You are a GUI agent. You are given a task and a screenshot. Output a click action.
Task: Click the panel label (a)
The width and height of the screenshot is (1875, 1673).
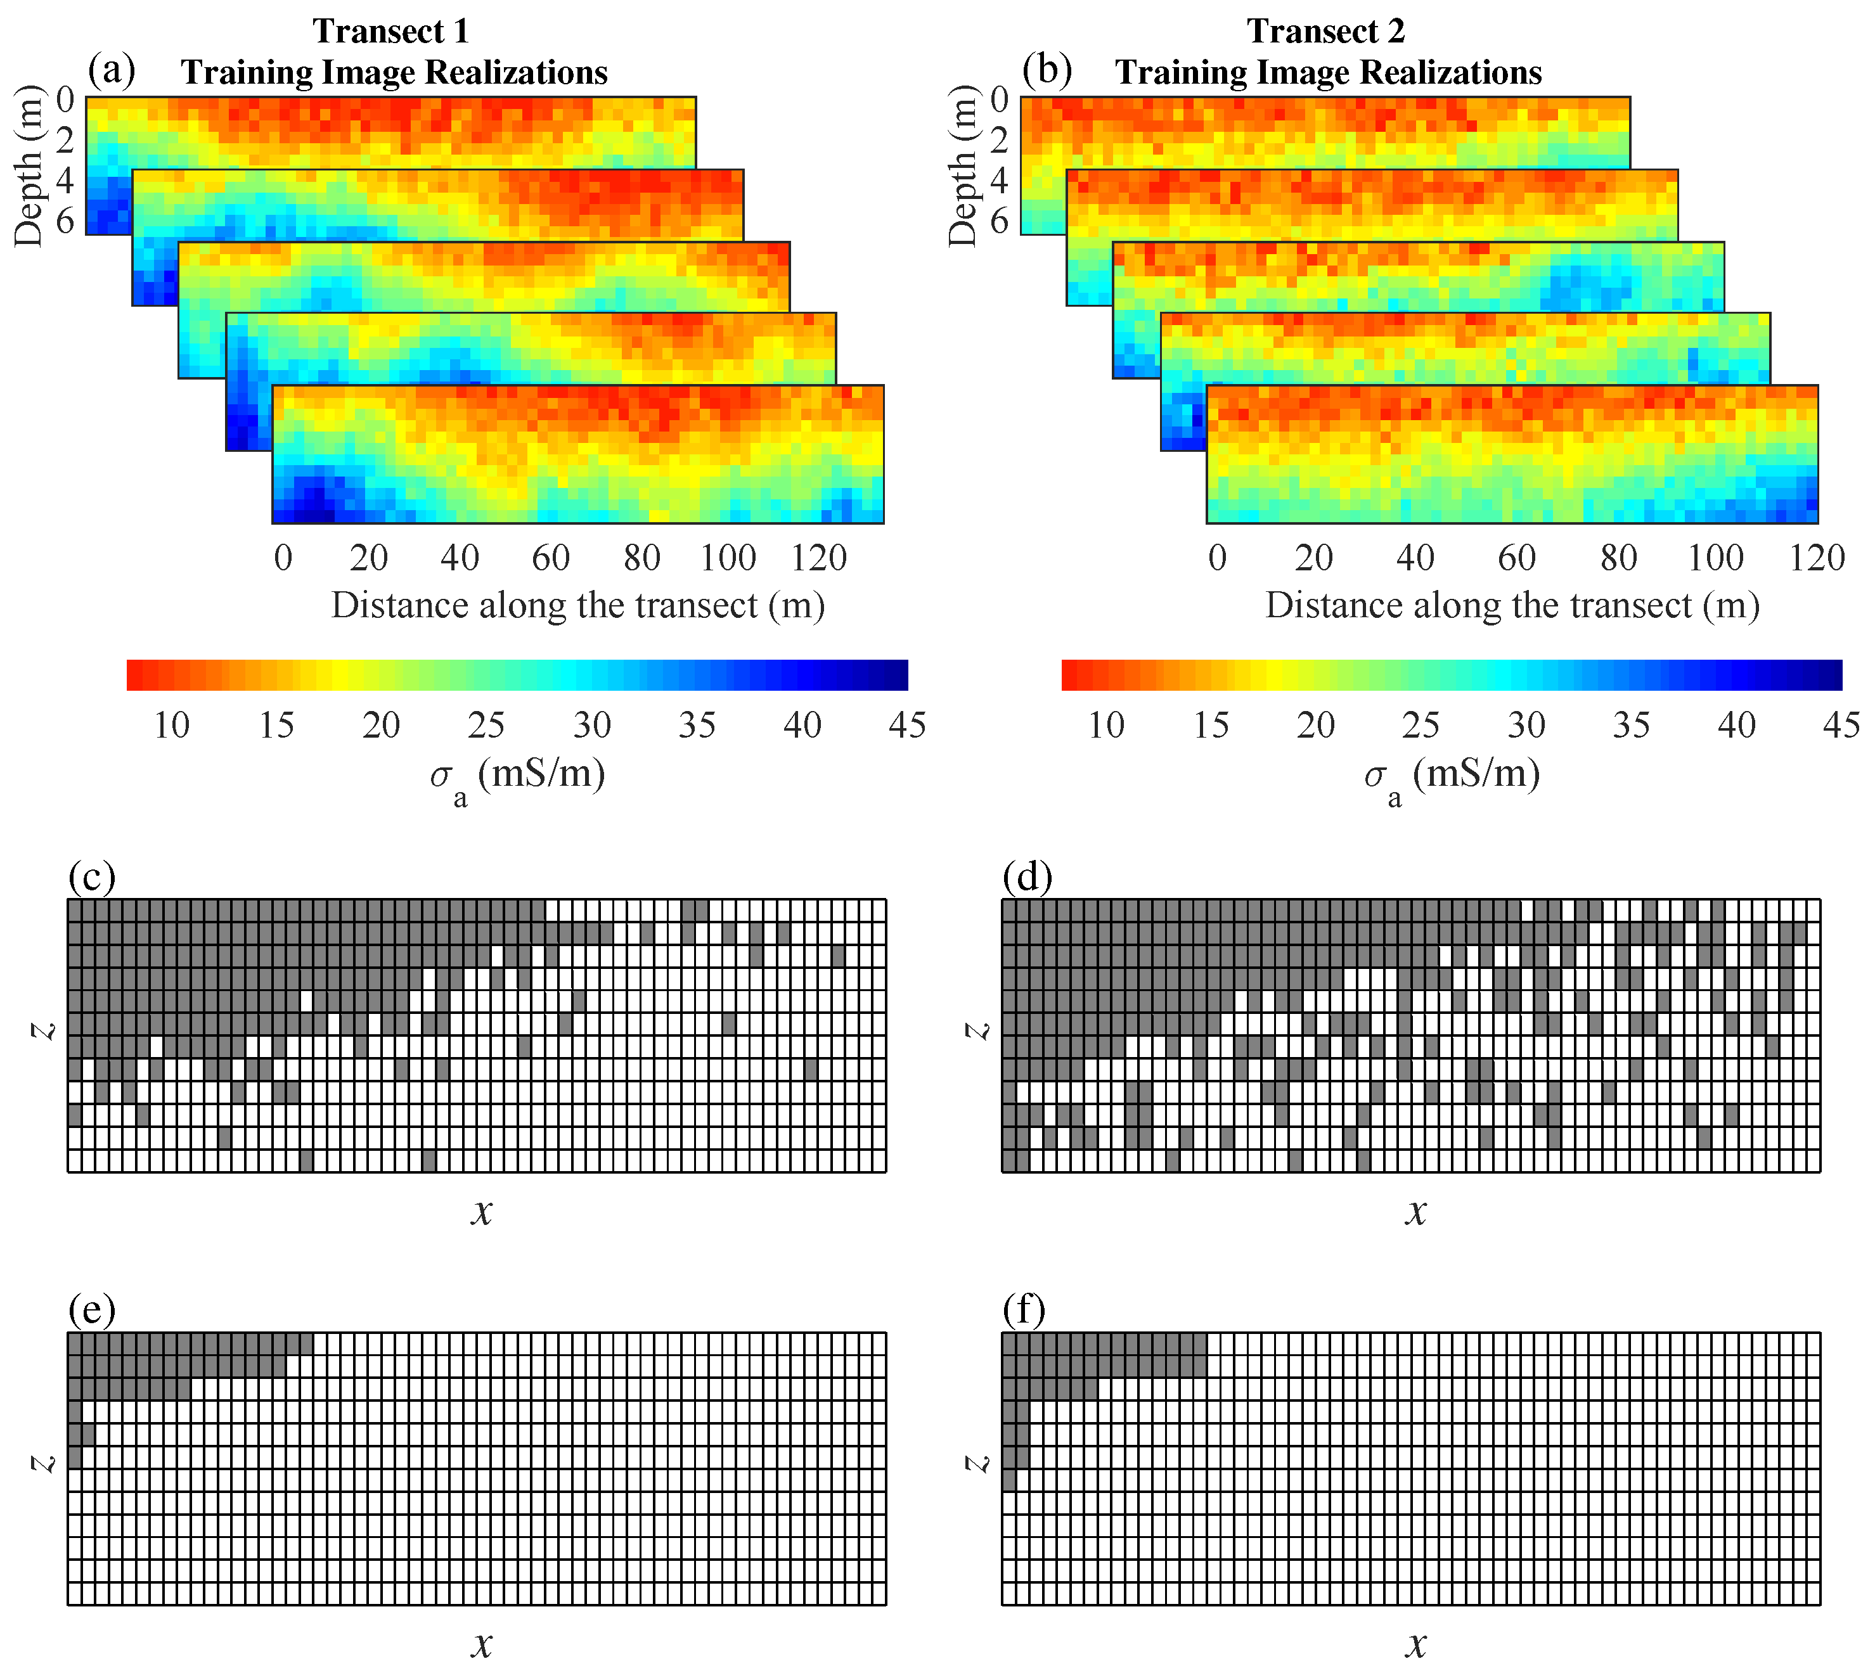click(112, 69)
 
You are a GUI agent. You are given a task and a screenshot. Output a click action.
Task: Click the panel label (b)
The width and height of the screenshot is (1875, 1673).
click(1047, 69)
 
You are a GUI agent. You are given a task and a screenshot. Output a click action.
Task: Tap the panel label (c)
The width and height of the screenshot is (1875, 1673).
click(92, 876)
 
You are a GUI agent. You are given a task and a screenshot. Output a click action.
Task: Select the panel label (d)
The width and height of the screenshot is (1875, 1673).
click(1027, 876)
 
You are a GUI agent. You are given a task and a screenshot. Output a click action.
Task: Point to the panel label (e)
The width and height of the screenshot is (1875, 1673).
click(92, 1308)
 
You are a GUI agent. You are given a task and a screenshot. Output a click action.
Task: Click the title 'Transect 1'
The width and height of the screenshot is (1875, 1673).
click(391, 31)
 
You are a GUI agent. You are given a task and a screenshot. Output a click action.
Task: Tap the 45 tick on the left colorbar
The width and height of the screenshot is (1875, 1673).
click(906, 725)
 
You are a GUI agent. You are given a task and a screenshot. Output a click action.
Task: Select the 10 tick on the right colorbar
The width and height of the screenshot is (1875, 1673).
click(1106, 725)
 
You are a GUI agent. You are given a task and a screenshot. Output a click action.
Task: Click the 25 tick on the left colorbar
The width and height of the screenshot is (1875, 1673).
click(486, 725)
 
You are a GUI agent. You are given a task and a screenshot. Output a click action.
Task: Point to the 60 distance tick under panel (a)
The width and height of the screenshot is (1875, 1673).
click(550, 557)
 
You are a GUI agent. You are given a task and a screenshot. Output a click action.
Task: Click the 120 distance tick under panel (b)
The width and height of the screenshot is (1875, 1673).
click(1816, 557)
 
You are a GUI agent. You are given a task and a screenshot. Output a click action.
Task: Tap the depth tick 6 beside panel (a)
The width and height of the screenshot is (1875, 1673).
click(65, 221)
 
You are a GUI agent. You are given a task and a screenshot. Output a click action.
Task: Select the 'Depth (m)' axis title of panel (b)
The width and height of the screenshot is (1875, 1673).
click(962, 165)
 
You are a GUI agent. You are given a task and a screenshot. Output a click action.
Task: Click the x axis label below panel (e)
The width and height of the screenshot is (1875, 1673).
click(482, 1643)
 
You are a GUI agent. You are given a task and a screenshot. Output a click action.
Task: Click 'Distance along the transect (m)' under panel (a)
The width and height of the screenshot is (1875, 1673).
click(577, 605)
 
